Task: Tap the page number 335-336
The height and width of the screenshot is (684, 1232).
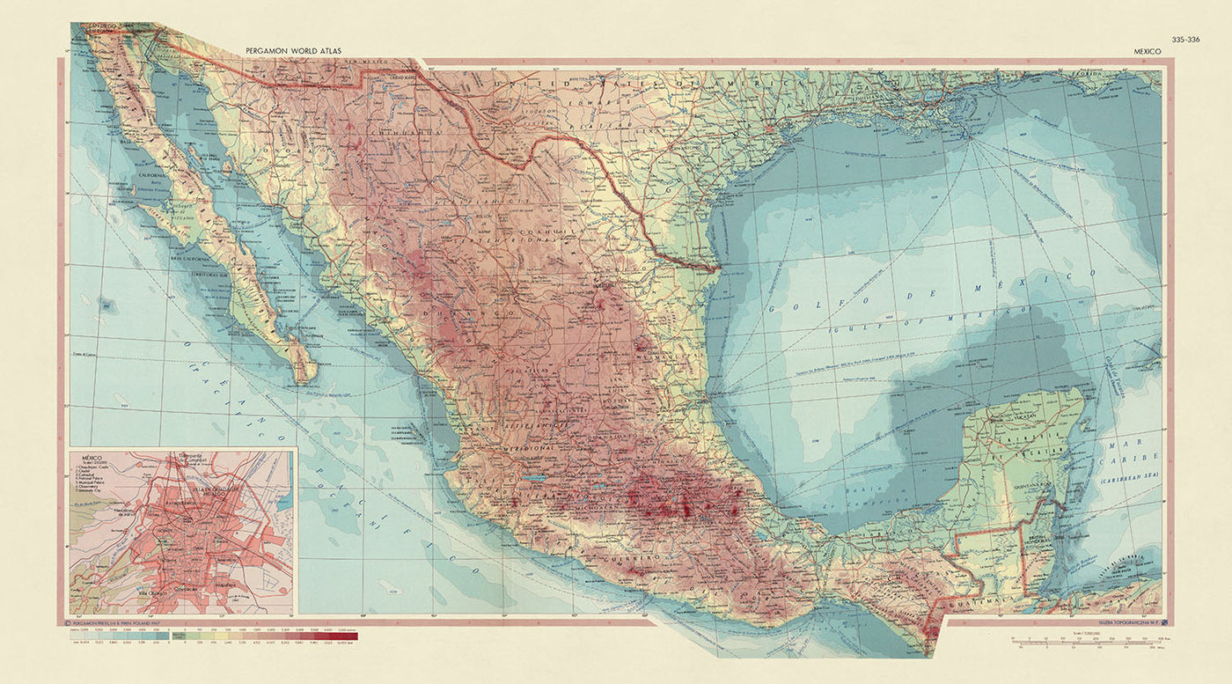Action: click(1184, 39)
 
